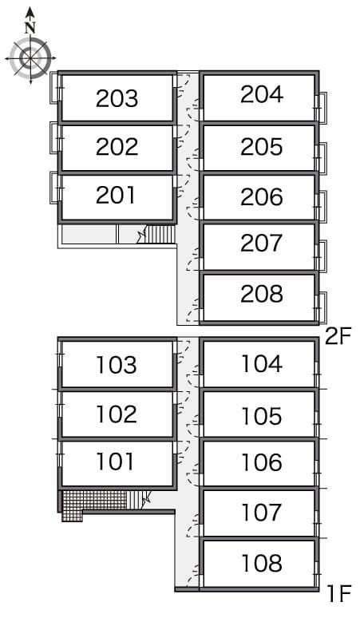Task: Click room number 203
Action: click(x=117, y=98)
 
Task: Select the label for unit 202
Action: click(x=117, y=147)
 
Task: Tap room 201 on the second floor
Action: click(x=117, y=195)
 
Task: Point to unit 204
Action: click(x=261, y=95)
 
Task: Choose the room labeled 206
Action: click(x=261, y=196)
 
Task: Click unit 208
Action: click(x=261, y=294)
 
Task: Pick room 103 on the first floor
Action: click(x=117, y=366)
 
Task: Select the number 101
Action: click(x=117, y=462)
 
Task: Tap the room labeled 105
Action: click(x=261, y=416)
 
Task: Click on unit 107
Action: click(x=261, y=512)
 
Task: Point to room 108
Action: click(x=261, y=563)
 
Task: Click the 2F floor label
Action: click(x=338, y=336)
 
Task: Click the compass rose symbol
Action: click(x=30, y=57)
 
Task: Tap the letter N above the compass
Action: click(x=30, y=26)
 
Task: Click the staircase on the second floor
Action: click(x=157, y=234)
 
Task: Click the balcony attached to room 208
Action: click(x=322, y=307)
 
